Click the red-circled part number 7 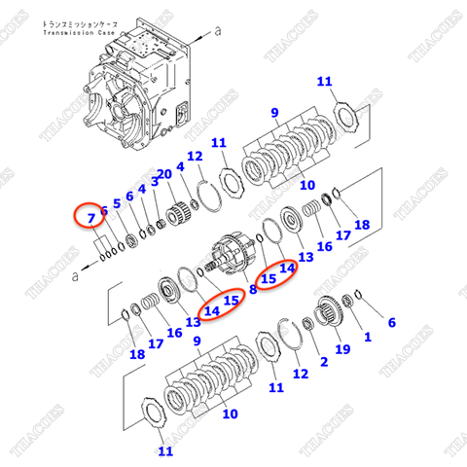90,217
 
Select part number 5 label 117,204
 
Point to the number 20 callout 165,175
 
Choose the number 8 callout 252,289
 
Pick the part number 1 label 367,338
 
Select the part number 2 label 323,361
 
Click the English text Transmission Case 80,33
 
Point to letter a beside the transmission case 218,30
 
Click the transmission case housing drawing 136,88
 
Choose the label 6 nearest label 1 392,322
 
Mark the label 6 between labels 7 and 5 104,211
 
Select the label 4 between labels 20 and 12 181,168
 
